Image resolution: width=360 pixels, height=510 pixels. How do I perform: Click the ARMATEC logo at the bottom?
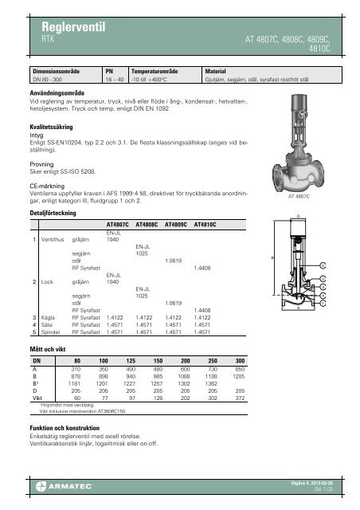coord(48,485)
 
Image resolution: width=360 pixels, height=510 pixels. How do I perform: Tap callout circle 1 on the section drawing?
coord(323,304)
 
